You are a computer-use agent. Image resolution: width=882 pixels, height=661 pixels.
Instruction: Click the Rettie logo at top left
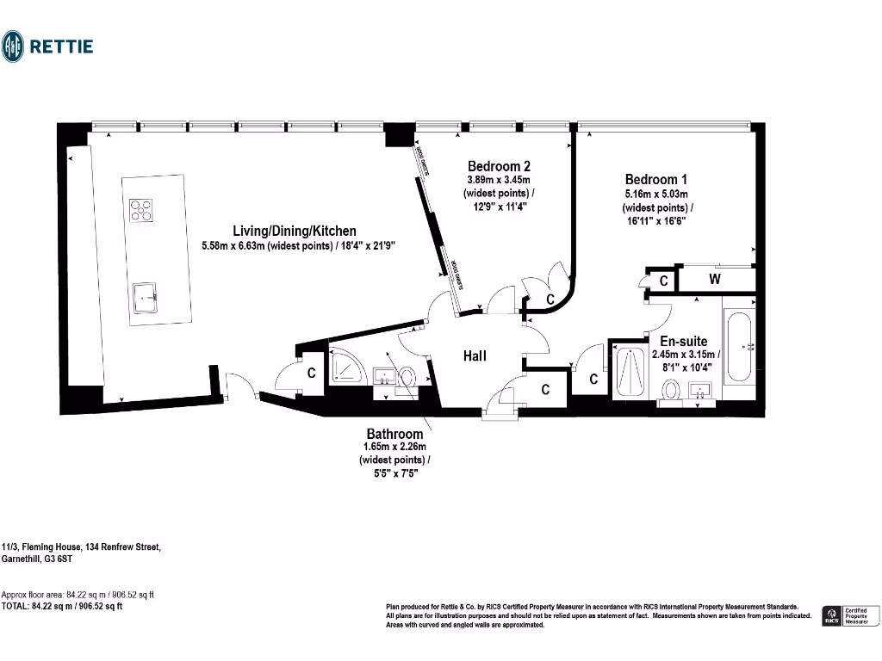pyautogui.click(x=47, y=46)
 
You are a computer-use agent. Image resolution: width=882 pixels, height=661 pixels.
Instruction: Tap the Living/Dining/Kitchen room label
pyautogui.click(x=295, y=231)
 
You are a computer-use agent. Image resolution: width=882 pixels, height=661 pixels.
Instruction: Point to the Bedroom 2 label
pyautogui.click(x=499, y=166)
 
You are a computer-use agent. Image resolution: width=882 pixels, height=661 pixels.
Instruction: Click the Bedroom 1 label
pyautogui.click(x=656, y=179)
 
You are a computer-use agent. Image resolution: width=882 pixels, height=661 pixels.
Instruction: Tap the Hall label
pyautogui.click(x=475, y=355)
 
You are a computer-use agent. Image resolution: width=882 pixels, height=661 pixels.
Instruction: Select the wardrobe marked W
pyautogui.click(x=715, y=280)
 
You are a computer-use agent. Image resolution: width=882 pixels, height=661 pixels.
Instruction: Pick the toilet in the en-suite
pyautogui.click(x=668, y=392)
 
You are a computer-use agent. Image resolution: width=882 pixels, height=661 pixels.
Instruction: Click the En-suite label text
pyautogui.click(x=684, y=341)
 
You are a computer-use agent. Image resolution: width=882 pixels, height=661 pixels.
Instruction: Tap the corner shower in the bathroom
pyautogui.click(x=348, y=368)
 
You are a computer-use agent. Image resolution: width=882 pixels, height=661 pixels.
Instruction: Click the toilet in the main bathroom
pyautogui.click(x=408, y=377)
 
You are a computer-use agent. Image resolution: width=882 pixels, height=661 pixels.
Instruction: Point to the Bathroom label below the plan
pyautogui.click(x=394, y=434)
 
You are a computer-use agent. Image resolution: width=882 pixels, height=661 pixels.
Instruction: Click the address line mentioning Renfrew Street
pyautogui.click(x=81, y=547)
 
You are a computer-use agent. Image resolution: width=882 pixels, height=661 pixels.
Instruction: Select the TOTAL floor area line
pyautogui.click(x=62, y=606)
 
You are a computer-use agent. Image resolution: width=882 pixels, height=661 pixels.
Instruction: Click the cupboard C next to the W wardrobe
pyautogui.click(x=663, y=281)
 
